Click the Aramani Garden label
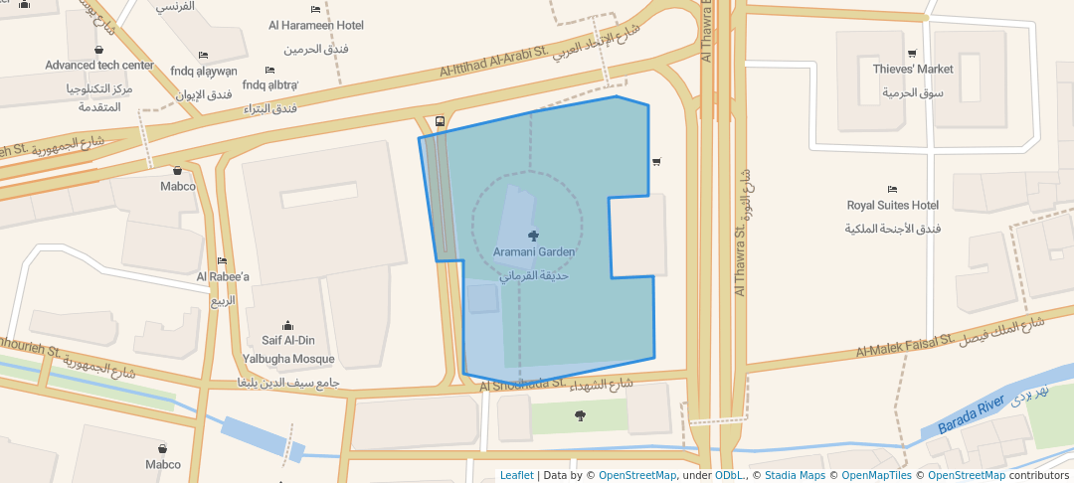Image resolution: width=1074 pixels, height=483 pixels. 534,252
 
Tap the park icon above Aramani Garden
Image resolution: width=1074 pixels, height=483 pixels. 534,235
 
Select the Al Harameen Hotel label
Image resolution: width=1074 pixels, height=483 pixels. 316,25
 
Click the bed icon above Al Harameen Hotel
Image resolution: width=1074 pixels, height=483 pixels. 315,9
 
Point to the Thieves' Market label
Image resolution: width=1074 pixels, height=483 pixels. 913,70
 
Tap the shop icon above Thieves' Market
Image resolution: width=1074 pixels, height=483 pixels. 912,54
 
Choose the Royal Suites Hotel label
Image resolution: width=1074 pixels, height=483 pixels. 893,206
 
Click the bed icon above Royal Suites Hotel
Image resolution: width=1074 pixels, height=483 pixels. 892,189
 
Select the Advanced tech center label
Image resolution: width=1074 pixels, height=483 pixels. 99,66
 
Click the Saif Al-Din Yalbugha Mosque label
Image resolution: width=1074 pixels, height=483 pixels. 288,350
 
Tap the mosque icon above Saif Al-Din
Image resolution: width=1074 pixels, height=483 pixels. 288,325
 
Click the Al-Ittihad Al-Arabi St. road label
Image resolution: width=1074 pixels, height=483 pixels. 494,62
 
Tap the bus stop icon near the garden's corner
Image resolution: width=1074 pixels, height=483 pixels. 441,122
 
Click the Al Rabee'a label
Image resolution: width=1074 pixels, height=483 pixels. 223,277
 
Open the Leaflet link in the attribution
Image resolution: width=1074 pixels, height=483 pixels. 516,475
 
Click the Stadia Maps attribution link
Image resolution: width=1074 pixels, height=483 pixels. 793,475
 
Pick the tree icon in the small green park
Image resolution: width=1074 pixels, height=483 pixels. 581,415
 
